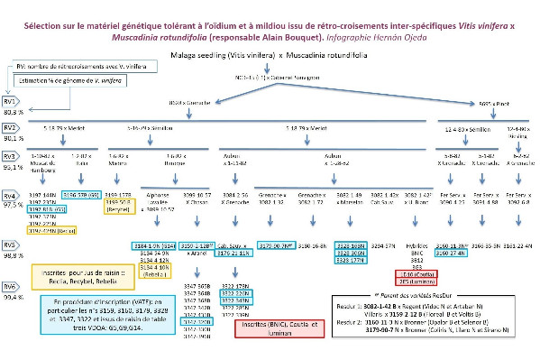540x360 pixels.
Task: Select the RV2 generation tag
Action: tap(11, 130)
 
